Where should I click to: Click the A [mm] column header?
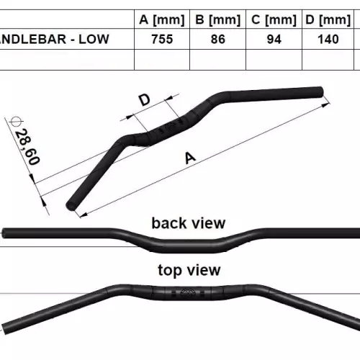162,19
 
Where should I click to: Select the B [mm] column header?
218,19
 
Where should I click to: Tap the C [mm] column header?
274,19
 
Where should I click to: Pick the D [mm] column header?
328,19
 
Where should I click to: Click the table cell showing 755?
162,39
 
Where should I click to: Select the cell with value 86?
218,39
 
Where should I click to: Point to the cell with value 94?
274,39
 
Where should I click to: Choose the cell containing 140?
328,39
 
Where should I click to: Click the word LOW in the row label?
94,39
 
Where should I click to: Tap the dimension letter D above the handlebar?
145,100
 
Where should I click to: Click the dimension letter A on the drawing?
190,158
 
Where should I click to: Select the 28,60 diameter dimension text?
27,147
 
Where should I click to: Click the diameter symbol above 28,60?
17,122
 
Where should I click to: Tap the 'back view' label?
189,223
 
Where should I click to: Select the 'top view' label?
189,271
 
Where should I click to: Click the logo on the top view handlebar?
188,292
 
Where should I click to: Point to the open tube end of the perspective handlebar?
71,206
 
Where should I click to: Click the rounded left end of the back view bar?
4,233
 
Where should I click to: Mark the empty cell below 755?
162,60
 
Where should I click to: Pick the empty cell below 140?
328,60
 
